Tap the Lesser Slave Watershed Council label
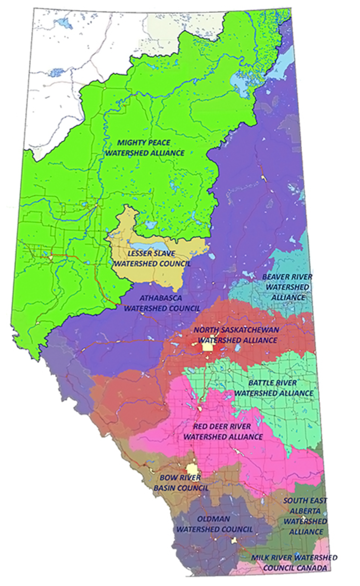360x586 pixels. tap(152, 259)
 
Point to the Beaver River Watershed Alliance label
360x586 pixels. tap(288, 287)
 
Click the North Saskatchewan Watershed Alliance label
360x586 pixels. tap(237, 335)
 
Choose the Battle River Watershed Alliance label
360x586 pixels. tap(273, 388)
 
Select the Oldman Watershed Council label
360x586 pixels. tap(214, 524)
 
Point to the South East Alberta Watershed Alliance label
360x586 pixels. tap(305, 516)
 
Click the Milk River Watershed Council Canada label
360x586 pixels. tap(294, 562)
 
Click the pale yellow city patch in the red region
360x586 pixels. tap(208, 347)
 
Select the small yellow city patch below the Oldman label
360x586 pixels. tap(234, 540)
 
